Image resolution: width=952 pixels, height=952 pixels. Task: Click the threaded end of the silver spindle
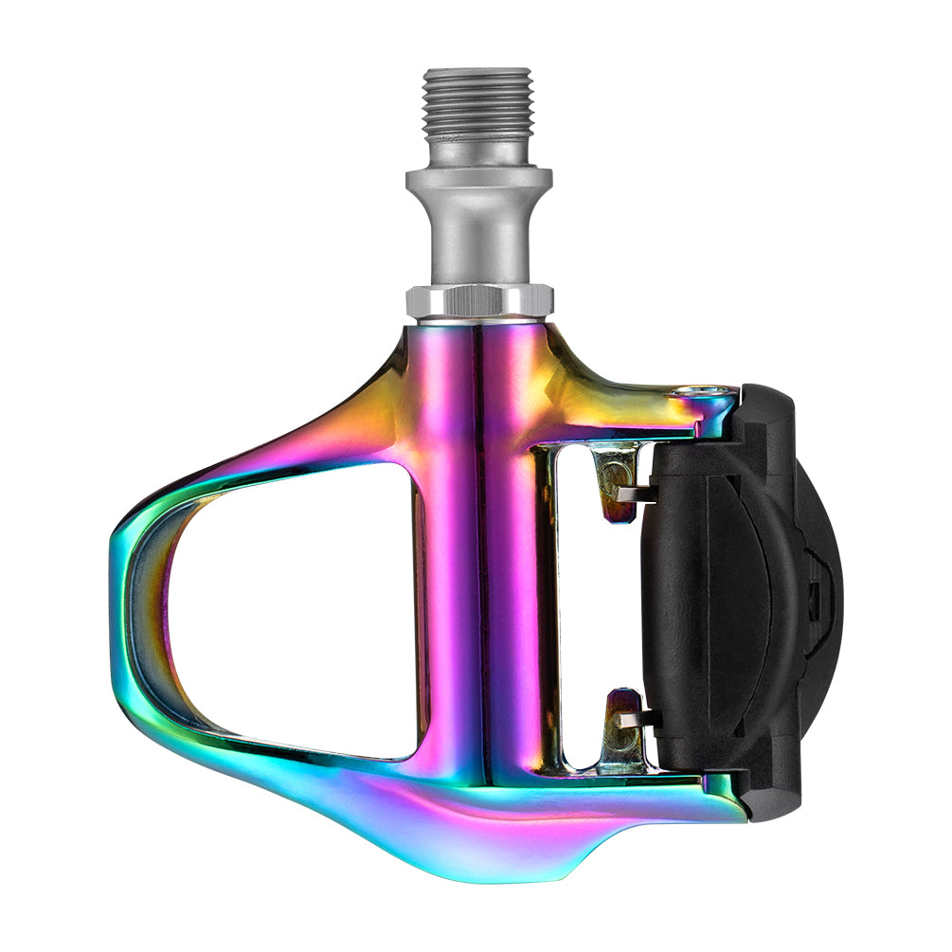pos(478,102)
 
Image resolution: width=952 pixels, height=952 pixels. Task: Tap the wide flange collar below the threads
pos(478,179)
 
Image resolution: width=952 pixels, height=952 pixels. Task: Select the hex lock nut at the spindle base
pos(478,301)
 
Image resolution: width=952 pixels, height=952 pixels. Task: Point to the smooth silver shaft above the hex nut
pos(478,242)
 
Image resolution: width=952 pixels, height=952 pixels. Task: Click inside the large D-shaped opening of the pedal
pos(294,606)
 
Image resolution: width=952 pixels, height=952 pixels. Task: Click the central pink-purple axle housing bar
pos(478,549)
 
